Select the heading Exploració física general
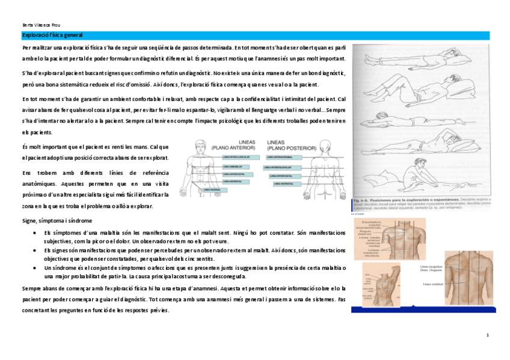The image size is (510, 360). (x=52, y=35)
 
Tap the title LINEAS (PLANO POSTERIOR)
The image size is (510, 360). (x=287, y=145)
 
